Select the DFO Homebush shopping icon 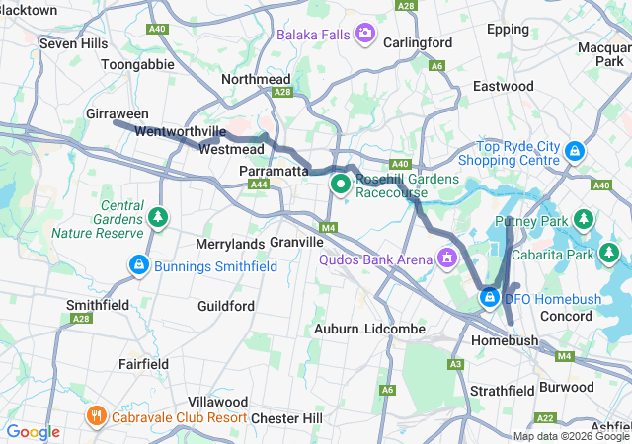pos(489,296)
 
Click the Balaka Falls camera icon pos(365,35)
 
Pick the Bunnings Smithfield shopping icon pos(138,264)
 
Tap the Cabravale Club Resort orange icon pos(96,414)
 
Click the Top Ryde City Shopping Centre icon pos(575,152)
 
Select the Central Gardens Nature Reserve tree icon pos(157,216)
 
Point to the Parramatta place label pos(275,172)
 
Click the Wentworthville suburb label pos(181,131)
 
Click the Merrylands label pos(229,243)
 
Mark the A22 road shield pos(545,418)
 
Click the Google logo pos(33,432)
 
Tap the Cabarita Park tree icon pos(611,256)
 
